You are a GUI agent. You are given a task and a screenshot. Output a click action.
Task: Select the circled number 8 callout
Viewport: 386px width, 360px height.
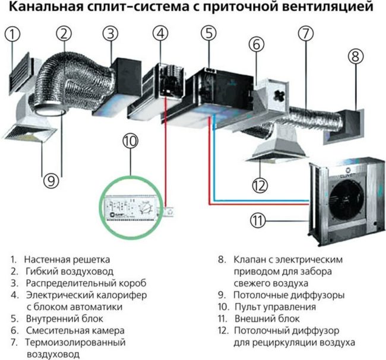(x=355, y=57)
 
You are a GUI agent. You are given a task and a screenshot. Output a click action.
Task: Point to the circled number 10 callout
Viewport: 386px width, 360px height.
(x=130, y=141)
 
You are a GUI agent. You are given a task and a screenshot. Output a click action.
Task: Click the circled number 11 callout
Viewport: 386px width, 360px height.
(x=257, y=221)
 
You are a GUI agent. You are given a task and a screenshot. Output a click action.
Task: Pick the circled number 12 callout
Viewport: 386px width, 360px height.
(x=260, y=185)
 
